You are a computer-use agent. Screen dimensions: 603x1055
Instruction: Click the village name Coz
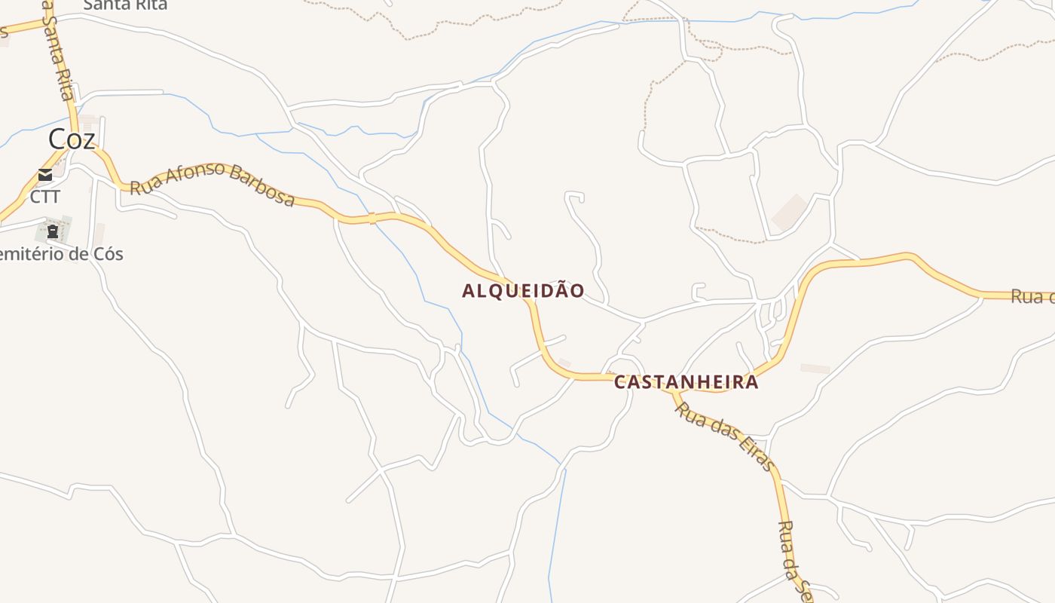click(72, 139)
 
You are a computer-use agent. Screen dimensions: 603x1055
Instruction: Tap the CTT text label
click(44, 197)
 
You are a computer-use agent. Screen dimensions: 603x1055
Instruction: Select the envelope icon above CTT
click(45, 176)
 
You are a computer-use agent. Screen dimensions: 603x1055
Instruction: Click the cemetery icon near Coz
click(53, 231)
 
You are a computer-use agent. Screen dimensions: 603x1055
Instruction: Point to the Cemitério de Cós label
click(60, 254)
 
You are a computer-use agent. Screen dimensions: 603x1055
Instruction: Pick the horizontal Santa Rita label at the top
click(125, 5)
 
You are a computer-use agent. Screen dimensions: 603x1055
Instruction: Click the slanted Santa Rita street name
click(58, 53)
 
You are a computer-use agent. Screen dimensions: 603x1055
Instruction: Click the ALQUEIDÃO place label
click(523, 291)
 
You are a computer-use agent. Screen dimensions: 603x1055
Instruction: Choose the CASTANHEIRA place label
click(686, 382)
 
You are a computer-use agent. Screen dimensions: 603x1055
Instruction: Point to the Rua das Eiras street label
click(723, 436)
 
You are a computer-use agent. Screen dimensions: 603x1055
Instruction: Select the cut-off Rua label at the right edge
click(1032, 296)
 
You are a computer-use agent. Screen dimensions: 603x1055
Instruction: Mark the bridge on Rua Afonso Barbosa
click(372, 219)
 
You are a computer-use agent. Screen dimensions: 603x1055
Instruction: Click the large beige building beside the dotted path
click(789, 213)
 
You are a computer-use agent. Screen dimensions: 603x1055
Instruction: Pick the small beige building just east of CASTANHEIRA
click(815, 369)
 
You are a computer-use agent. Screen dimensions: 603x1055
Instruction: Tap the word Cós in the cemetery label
click(107, 254)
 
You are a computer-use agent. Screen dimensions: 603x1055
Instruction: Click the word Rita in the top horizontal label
click(151, 5)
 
